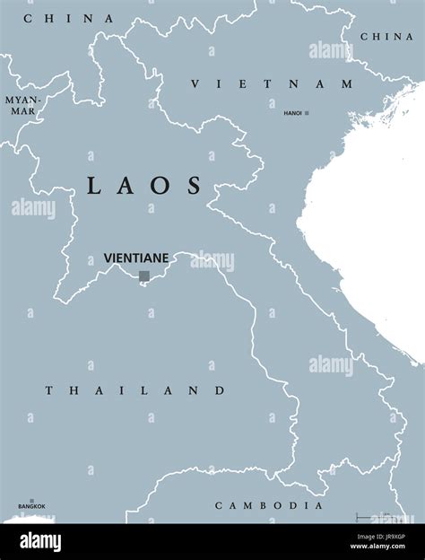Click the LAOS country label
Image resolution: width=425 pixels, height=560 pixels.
pyautogui.click(x=144, y=186)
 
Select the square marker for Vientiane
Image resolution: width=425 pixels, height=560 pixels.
pyautogui.click(x=143, y=276)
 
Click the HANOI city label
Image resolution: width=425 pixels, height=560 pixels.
pyautogui.click(x=292, y=113)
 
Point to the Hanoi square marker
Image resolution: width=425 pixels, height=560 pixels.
pyautogui.click(x=307, y=113)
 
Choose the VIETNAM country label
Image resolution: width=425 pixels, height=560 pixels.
pyautogui.click(x=273, y=83)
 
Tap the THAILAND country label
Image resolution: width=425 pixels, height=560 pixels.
pyautogui.click(x=135, y=390)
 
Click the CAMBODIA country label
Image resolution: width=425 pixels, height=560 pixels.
pyautogui.click(x=268, y=506)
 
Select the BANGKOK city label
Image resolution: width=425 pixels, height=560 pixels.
pyautogui.click(x=31, y=508)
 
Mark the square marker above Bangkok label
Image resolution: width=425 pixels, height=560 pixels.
pyautogui.click(x=32, y=501)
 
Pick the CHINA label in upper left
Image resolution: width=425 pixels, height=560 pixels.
pyautogui.click(x=69, y=18)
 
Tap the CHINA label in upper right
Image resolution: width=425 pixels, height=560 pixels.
pyautogui.click(x=386, y=36)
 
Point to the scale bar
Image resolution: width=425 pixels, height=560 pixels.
pyautogui.click(x=377, y=517)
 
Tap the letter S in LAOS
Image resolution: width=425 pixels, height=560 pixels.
pyautogui.click(x=194, y=186)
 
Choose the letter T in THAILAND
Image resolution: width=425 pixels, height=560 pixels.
pyautogui.click(x=49, y=390)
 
